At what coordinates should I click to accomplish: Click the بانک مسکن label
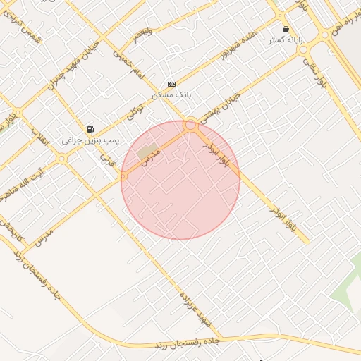click(x=172, y=94)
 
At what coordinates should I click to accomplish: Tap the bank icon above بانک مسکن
click(x=172, y=83)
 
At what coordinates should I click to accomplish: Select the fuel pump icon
click(x=90, y=129)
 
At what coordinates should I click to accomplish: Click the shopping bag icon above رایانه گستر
click(x=286, y=30)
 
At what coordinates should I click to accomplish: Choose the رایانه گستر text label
click(x=286, y=40)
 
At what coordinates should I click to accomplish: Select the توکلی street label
click(x=134, y=110)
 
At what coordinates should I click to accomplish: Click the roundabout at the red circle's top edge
click(x=190, y=126)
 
